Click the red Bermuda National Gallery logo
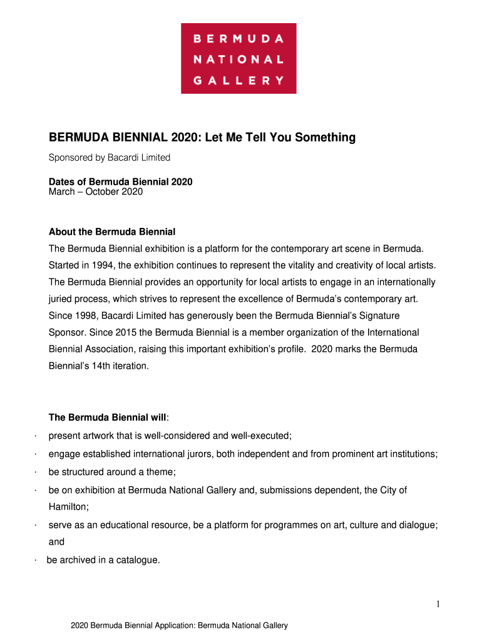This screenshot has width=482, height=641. pyautogui.click(x=238, y=58)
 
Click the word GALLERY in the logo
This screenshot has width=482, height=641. pyautogui.click(x=238, y=80)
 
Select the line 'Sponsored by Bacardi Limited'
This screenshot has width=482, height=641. pyautogui.click(x=110, y=158)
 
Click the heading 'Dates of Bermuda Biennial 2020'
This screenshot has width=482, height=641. pyautogui.click(x=120, y=182)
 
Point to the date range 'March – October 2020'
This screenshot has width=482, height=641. pyautogui.click(x=96, y=192)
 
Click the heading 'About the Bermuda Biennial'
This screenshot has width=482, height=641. pyautogui.click(x=116, y=232)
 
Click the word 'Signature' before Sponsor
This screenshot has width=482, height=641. pyautogui.click(x=379, y=315)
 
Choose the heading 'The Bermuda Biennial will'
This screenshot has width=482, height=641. pyautogui.click(x=107, y=418)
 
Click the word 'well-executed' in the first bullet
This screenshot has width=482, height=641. pyautogui.click(x=262, y=435)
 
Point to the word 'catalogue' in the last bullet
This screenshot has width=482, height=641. pyautogui.click(x=138, y=560)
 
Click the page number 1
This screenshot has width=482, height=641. pyautogui.click(x=439, y=604)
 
